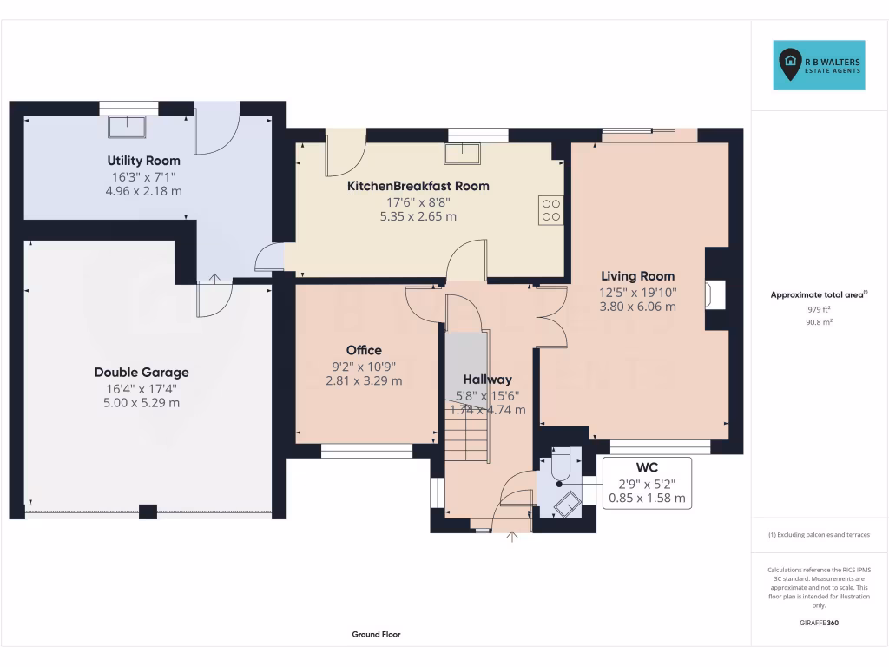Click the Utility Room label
click(144, 161)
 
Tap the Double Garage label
click(142, 373)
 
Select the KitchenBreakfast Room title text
click(418, 186)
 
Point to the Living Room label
click(637, 276)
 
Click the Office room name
click(364, 350)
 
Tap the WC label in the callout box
click(647, 467)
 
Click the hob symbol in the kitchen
click(550, 209)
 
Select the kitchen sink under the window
click(463, 155)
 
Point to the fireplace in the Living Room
click(714, 294)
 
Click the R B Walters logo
click(819, 65)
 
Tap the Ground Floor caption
click(376, 635)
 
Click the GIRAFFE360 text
click(819, 623)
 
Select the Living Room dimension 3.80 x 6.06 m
click(638, 306)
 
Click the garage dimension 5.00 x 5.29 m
click(142, 403)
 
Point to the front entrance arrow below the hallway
click(512, 538)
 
